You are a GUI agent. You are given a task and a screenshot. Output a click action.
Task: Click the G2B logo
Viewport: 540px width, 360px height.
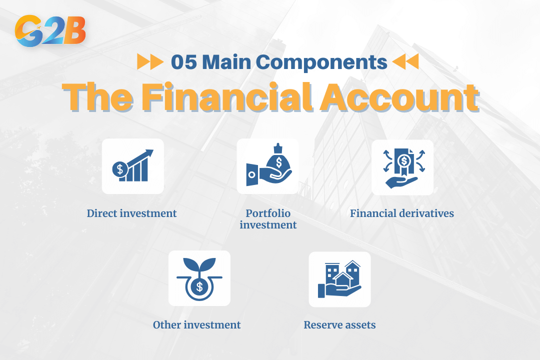[x=50, y=31]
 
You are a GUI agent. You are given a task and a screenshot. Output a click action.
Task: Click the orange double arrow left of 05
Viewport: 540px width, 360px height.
[x=149, y=62]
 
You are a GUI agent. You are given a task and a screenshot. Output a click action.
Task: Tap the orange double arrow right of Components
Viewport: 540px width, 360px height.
[x=405, y=62]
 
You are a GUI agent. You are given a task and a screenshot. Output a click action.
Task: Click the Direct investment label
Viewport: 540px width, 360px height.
[x=131, y=213]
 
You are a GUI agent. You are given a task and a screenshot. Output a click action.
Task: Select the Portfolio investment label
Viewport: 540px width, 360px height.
[x=268, y=219]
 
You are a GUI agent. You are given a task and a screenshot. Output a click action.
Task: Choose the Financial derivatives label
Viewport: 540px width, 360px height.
[x=402, y=213]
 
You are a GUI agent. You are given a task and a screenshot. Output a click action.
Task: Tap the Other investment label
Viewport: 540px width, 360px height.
[x=196, y=325]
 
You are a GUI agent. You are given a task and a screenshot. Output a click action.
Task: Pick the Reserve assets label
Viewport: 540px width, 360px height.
[x=339, y=325]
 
